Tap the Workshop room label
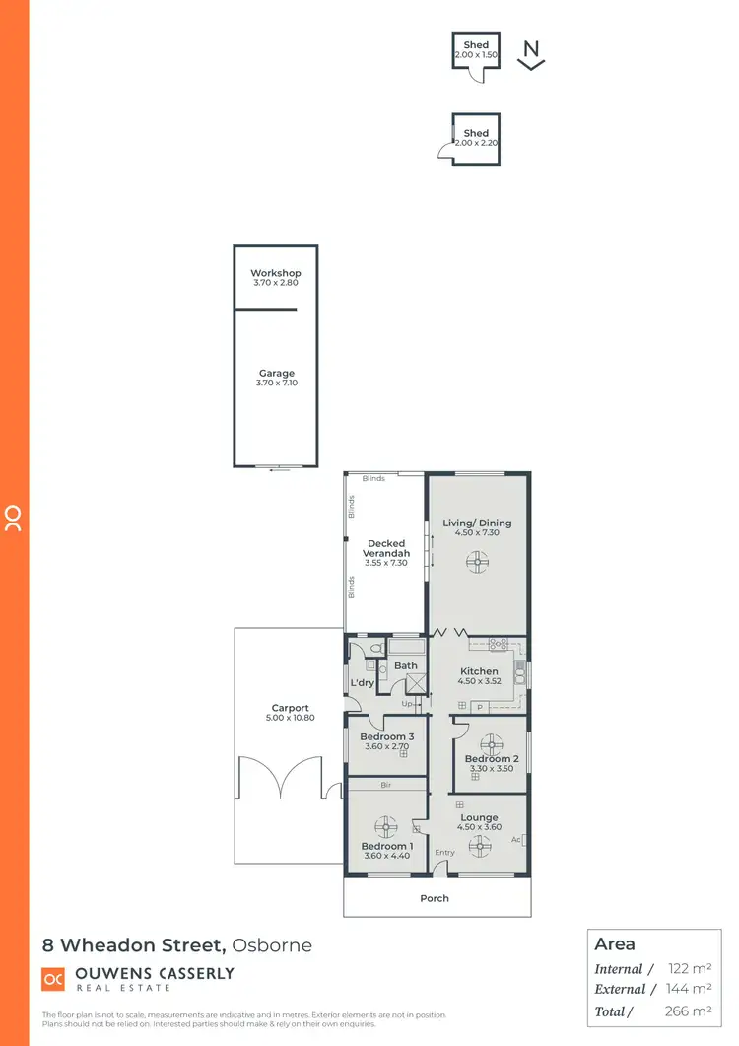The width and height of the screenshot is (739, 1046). [275, 273]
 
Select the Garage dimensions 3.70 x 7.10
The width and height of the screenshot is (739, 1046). [277, 384]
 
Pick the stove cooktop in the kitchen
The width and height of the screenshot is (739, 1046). [499, 645]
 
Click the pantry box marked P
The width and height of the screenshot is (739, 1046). [479, 706]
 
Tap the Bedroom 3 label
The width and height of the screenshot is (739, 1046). [386, 736]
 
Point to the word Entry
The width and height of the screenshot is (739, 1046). [444, 853]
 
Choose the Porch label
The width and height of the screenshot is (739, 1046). [435, 898]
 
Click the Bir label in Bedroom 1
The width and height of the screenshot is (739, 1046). [386, 785]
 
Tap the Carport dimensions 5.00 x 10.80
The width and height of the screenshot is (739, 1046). [291, 718]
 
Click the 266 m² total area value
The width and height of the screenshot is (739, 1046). [688, 1011]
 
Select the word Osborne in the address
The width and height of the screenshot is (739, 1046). [272, 945]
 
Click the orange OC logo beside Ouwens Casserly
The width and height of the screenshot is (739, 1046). [53, 979]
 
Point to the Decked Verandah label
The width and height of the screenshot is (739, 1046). [387, 548]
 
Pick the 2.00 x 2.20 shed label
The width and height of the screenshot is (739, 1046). [476, 144]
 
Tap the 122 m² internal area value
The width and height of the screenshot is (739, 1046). [688, 969]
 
